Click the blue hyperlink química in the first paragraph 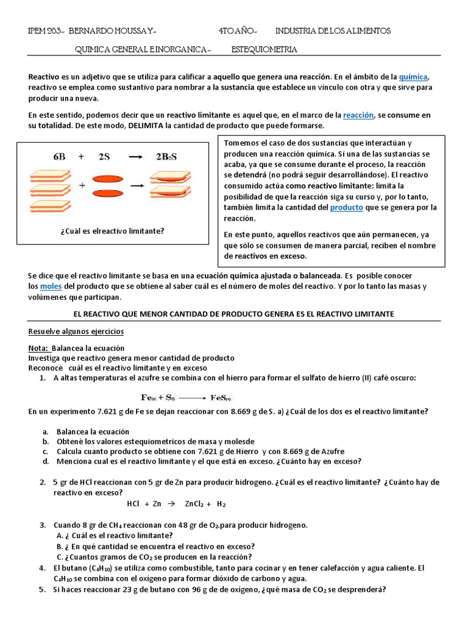414,77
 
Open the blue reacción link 357,115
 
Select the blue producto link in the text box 346,207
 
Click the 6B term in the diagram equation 59,157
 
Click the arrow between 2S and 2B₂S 135,157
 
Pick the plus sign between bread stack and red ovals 82,184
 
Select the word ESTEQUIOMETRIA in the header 264,49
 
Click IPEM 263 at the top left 45,30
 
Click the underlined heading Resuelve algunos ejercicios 76,331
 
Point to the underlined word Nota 38,348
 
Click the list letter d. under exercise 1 46,461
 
